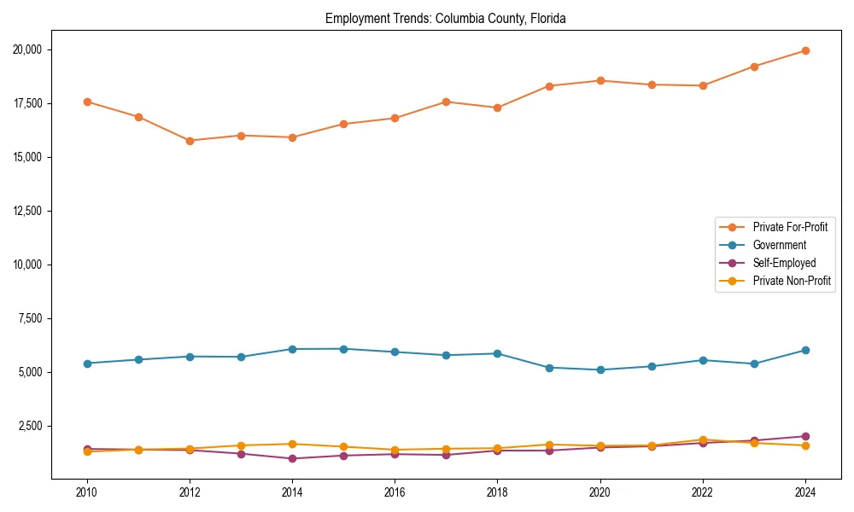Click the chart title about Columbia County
(x=446, y=18)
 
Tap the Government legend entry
(x=779, y=245)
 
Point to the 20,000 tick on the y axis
(x=28, y=49)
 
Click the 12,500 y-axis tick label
(x=28, y=211)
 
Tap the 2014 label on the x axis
(x=292, y=492)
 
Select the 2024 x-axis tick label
(x=805, y=492)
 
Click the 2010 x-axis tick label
(x=86, y=492)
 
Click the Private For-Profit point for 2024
(x=805, y=50)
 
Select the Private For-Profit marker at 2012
(x=190, y=141)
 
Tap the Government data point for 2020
(x=600, y=369)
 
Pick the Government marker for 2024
(x=805, y=350)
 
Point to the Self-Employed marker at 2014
(x=292, y=458)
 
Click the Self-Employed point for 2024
(x=805, y=436)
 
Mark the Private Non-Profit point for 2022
(x=703, y=440)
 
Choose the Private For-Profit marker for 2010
(x=86, y=102)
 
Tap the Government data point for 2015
(x=343, y=349)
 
